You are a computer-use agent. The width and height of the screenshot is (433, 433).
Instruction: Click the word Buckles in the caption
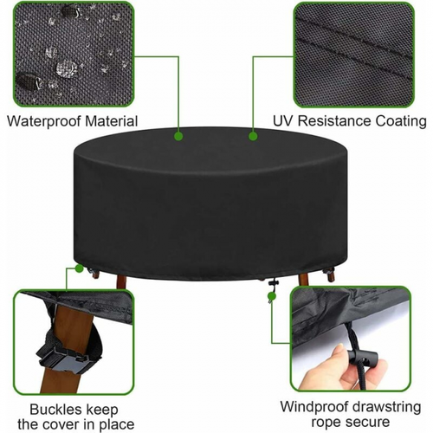click(x=54, y=410)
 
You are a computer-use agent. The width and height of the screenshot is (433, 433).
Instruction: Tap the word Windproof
click(x=314, y=407)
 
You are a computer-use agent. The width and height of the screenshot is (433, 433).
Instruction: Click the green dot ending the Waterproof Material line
click(x=178, y=136)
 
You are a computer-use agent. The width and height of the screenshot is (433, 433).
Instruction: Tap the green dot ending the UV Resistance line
click(x=253, y=136)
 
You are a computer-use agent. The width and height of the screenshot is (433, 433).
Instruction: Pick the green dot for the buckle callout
click(x=79, y=268)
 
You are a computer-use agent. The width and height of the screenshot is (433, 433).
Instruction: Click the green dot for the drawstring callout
click(x=271, y=295)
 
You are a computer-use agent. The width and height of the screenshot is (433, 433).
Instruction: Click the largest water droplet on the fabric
click(x=67, y=68)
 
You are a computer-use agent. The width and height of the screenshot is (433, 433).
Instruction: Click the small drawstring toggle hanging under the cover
click(x=272, y=283)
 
